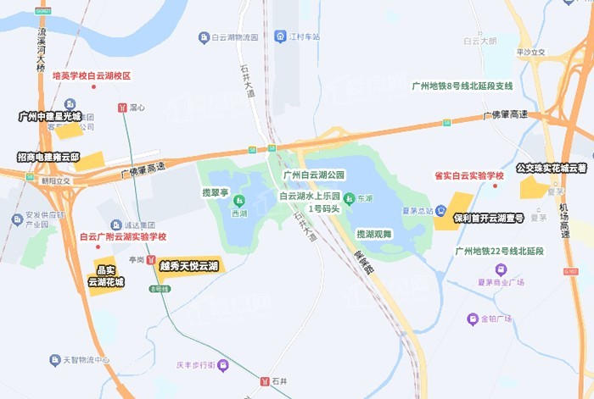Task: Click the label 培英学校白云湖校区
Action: (x=92, y=75)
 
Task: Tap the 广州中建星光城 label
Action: (x=50, y=116)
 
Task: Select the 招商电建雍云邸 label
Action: (x=48, y=158)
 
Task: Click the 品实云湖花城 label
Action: (x=106, y=276)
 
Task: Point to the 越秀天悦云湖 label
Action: (x=188, y=266)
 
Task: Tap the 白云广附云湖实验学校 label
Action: (x=122, y=237)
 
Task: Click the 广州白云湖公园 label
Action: (x=314, y=175)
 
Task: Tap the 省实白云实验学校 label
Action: (x=469, y=175)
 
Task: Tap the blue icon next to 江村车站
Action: (x=279, y=36)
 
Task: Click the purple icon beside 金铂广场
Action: (x=472, y=319)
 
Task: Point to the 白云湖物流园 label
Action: (x=233, y=36)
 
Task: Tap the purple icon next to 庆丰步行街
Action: (x=223, y=365)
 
